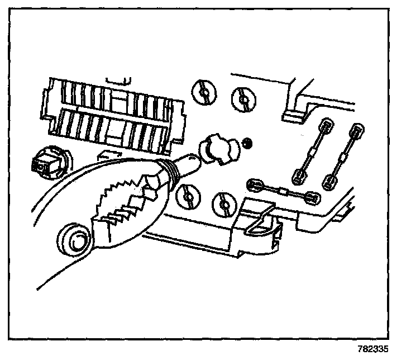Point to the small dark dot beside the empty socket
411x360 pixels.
pos(247,144)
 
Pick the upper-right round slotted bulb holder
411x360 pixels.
pos(243,99)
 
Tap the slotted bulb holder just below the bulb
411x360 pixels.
pos(188,196)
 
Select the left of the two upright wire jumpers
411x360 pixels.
pos(313,151)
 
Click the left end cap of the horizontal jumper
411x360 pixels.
pos(256,183)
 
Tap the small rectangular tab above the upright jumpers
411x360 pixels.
pos(294,115)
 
